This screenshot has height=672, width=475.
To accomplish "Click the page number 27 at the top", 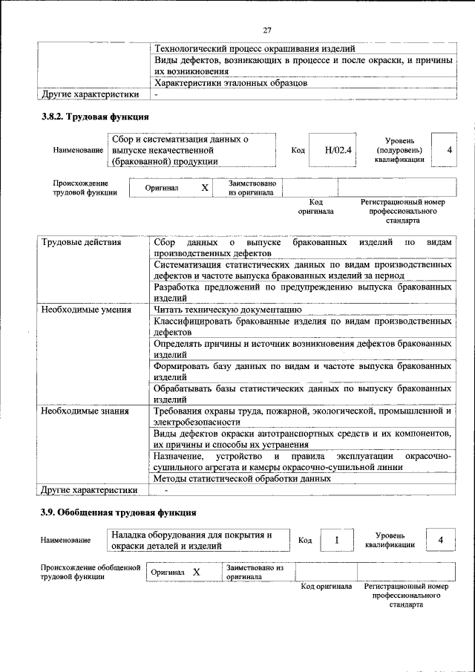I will (x=267, y=30).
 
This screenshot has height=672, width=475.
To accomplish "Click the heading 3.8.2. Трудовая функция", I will (x=94, y=117).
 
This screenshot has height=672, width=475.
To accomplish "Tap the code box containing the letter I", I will (x=336, y=540).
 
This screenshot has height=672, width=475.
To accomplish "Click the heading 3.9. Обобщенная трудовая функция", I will (x=118, y=512).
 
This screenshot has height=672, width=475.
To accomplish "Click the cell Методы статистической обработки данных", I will (x=242, y=479).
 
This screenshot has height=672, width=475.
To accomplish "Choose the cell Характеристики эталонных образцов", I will (x=230, y=82).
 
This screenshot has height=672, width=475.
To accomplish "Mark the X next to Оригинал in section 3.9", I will (x=197, y=572).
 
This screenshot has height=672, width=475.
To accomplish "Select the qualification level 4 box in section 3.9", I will (x=441, y=540).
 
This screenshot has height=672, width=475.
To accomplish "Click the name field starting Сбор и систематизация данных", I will (x=191, y=150).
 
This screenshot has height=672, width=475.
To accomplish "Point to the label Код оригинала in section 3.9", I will (x=326, y=587).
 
